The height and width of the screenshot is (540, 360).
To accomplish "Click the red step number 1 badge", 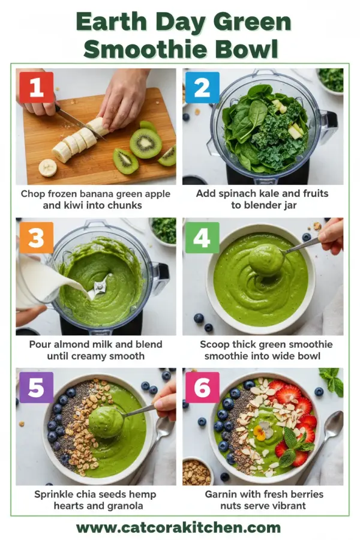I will coord(37,88).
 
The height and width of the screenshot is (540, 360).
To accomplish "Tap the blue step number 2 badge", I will coord(202,88).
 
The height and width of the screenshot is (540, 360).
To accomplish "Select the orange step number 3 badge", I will coord(37,238).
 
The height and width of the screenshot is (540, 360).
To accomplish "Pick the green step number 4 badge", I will coord(202,238).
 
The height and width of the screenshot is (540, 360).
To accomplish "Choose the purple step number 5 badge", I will coord(37,388).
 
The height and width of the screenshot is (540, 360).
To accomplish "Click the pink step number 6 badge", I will coord(202,388).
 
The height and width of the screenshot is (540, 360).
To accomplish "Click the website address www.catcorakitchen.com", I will coord(179,528).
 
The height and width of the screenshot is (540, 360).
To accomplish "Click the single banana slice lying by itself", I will coord(48,167).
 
